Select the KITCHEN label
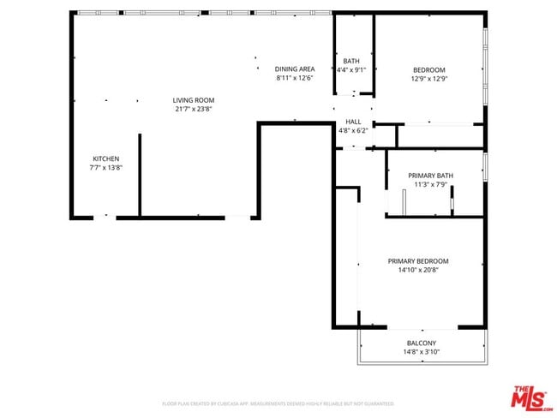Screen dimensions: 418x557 (105, 158)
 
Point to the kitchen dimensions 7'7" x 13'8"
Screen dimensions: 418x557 (105, 167)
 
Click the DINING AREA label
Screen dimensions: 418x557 (294, 69)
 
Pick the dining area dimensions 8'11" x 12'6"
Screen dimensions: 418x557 (294, 77)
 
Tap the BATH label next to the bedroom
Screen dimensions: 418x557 (351, 61)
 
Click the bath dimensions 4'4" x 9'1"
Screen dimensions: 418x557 (351, 69)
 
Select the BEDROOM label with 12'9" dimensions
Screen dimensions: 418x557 (428, 69)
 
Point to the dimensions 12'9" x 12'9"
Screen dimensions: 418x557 (428, 78)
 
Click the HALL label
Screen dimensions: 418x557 (352, 122)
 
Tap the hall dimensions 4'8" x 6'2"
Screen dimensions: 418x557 (352, 131)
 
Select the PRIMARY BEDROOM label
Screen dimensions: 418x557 (417, 261)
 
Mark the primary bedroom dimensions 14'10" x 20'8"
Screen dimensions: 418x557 (417, 270)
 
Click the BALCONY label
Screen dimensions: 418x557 (421, 343)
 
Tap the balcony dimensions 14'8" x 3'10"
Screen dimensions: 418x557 (421, 351)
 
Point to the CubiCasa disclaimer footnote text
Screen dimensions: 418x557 (278, 403)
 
